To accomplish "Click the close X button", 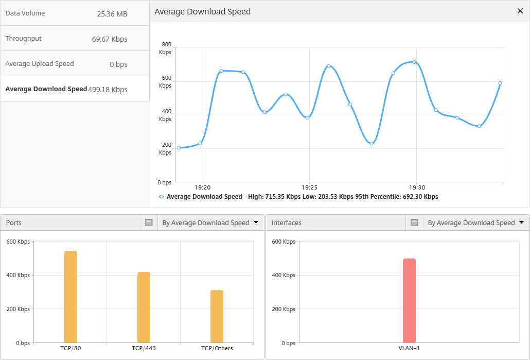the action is [520, 11].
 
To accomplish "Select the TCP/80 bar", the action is [70, 297].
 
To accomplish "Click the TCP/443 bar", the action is [144, 307].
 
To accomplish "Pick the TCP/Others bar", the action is [217, 316].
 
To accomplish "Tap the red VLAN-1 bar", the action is [409, 301].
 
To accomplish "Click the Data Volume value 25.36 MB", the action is [112, 14].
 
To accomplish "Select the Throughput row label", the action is [23, 39].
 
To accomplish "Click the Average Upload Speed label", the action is [40, 64].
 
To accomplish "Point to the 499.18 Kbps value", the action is [108, 90].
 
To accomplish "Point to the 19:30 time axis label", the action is [417, 187].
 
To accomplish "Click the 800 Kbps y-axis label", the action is [165, 48].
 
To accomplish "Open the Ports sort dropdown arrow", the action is [256, 222].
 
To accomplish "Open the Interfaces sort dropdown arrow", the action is [521, 222].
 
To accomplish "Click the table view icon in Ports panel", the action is [149, 222].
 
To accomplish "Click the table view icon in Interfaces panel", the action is [414, 222].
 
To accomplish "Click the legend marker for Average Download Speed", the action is [162, 197].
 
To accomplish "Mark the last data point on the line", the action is [500, 83].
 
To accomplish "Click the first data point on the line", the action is [179, 148].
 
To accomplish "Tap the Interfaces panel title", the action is [286, 222].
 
